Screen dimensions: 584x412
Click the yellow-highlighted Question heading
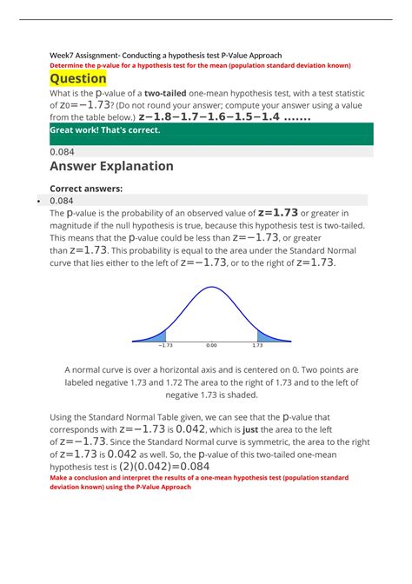point(78,78)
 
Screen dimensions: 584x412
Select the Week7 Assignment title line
point(164,55)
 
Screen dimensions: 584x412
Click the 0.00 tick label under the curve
point(211,345)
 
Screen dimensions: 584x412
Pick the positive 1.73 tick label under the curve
point(258,345)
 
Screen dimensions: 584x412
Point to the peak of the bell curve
point(211,288)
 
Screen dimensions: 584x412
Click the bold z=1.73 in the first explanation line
point(278,212)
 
